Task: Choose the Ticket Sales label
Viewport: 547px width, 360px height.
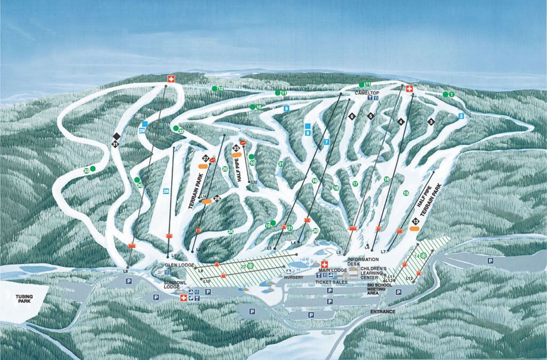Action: [x=332, y=282]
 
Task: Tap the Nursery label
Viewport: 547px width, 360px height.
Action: [x=294, y=278]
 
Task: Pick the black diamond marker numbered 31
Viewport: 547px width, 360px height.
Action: [x=115, y=143]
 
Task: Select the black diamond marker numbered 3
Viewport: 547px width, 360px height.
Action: [x=431, y=122]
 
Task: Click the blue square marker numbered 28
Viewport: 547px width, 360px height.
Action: [x=166, y=191]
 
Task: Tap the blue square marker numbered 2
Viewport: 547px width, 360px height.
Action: [x=461, y=116]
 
